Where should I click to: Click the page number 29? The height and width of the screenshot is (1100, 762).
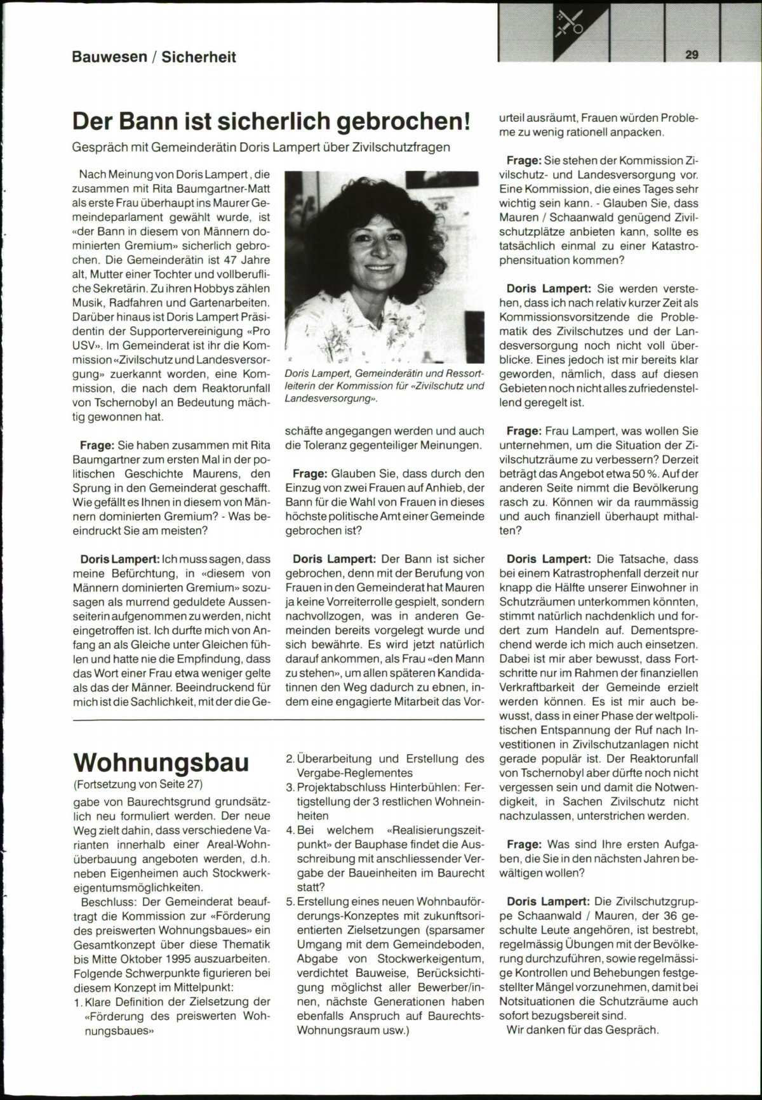(692, 55)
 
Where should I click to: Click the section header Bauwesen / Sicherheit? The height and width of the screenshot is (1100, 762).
(154, 57)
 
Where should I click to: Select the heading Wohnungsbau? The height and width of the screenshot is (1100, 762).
(161, 762)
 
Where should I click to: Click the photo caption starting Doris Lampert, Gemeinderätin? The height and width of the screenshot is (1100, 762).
(385, 385)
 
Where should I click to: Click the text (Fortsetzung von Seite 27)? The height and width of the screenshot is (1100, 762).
(138, 783)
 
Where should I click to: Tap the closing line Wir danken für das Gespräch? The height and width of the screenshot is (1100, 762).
(583, 1030)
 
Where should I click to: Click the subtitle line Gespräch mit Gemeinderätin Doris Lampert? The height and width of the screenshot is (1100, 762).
(262, 147)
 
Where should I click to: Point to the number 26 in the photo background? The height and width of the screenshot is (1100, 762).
(440, 206)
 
